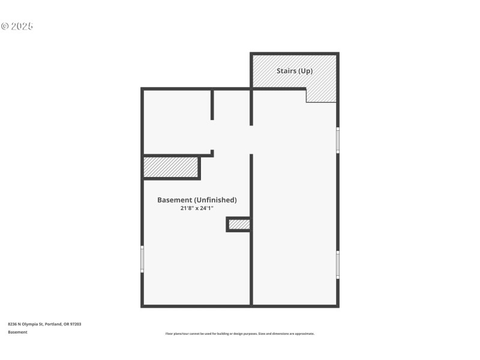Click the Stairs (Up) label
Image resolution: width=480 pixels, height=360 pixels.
(x=294, y=71)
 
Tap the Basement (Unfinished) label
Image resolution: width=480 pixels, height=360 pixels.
(x=197, y=200)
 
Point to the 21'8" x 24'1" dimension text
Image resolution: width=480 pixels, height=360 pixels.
(x=197, y=208)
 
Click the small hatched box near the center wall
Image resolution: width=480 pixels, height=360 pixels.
(x=239, y=224)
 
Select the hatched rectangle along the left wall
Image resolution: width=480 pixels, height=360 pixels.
(x=170, y=167)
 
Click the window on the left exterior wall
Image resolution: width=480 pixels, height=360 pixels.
(x=142, y=259)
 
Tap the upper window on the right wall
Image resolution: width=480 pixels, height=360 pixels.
(x=338, y=140)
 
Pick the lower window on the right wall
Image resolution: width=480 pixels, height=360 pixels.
(x=338, y=264)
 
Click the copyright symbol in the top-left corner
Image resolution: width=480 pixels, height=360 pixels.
(x=5, y=26)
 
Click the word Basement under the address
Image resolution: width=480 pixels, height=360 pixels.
(x=17, y=332)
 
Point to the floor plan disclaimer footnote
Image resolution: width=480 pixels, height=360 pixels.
(x=239, y=334)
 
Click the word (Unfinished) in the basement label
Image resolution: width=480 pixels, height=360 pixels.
(x=215, y=200)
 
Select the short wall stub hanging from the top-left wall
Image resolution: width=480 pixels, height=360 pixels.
(x=212, y=105)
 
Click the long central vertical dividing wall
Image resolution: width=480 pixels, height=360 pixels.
(x=251, y=228)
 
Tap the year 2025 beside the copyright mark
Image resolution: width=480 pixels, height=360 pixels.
(x=22, y=26)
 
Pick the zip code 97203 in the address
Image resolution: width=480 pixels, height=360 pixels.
(x=76, y=324)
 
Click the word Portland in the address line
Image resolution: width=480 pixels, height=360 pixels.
(x=53, y=324)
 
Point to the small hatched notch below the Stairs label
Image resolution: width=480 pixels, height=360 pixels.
(x=321, y=95)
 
